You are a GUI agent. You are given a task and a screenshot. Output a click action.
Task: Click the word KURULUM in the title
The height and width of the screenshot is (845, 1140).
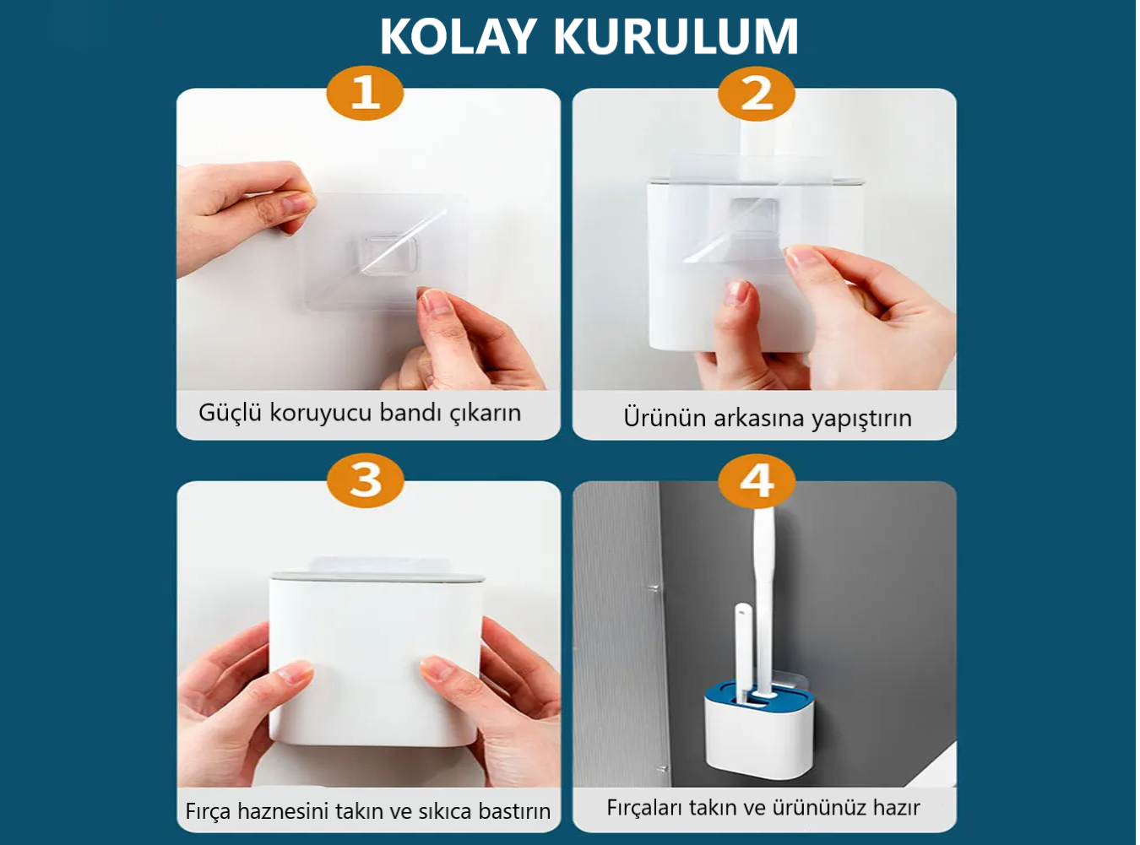(x=676, y=36)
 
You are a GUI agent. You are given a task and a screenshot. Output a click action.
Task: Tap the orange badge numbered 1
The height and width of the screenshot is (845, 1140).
(x=366, y=93)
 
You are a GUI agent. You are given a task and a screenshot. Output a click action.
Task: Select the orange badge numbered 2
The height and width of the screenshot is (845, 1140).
(x=757, y=94)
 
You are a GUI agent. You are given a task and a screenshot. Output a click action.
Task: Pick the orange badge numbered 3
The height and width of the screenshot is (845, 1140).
(x=366, y=480)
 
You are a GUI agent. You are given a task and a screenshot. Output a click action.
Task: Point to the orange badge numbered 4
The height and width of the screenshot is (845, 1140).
(x=757, y=481)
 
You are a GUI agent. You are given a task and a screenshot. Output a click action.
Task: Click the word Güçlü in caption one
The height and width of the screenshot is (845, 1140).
(x=231, y=413)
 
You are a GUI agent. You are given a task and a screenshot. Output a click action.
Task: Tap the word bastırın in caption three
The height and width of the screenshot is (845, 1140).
(x=514, y=811)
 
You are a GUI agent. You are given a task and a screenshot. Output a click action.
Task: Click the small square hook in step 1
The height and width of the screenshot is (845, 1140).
(x=389, y=254)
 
